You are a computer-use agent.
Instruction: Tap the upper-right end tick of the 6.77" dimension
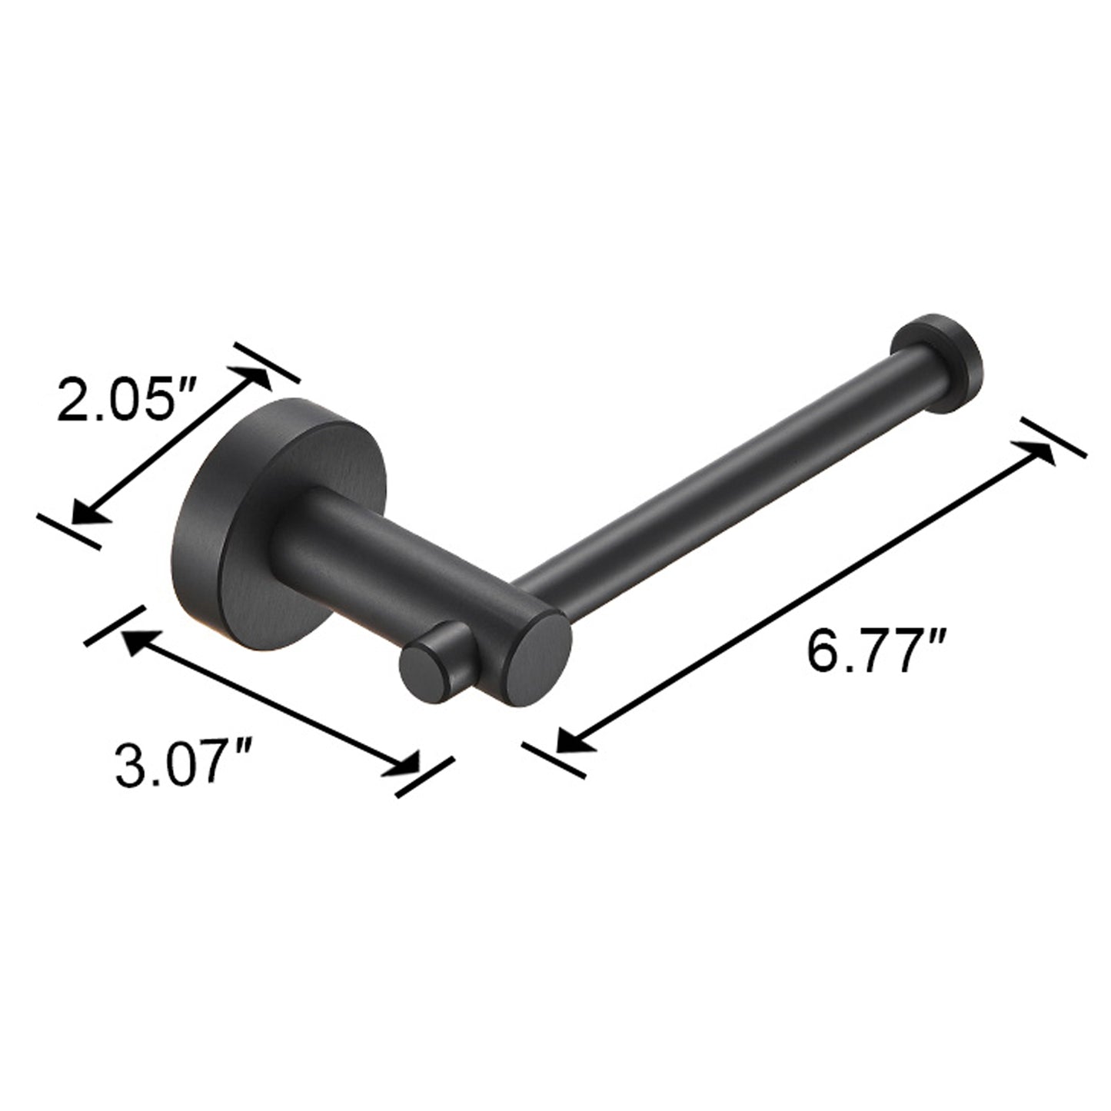click(x=1053, y=437)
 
